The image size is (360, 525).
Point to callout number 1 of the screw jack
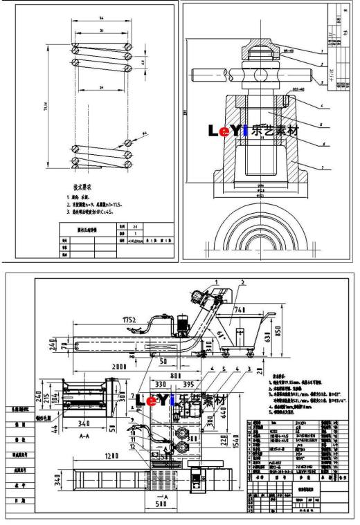pos(322,52)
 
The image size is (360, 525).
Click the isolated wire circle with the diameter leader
pos(128,143)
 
